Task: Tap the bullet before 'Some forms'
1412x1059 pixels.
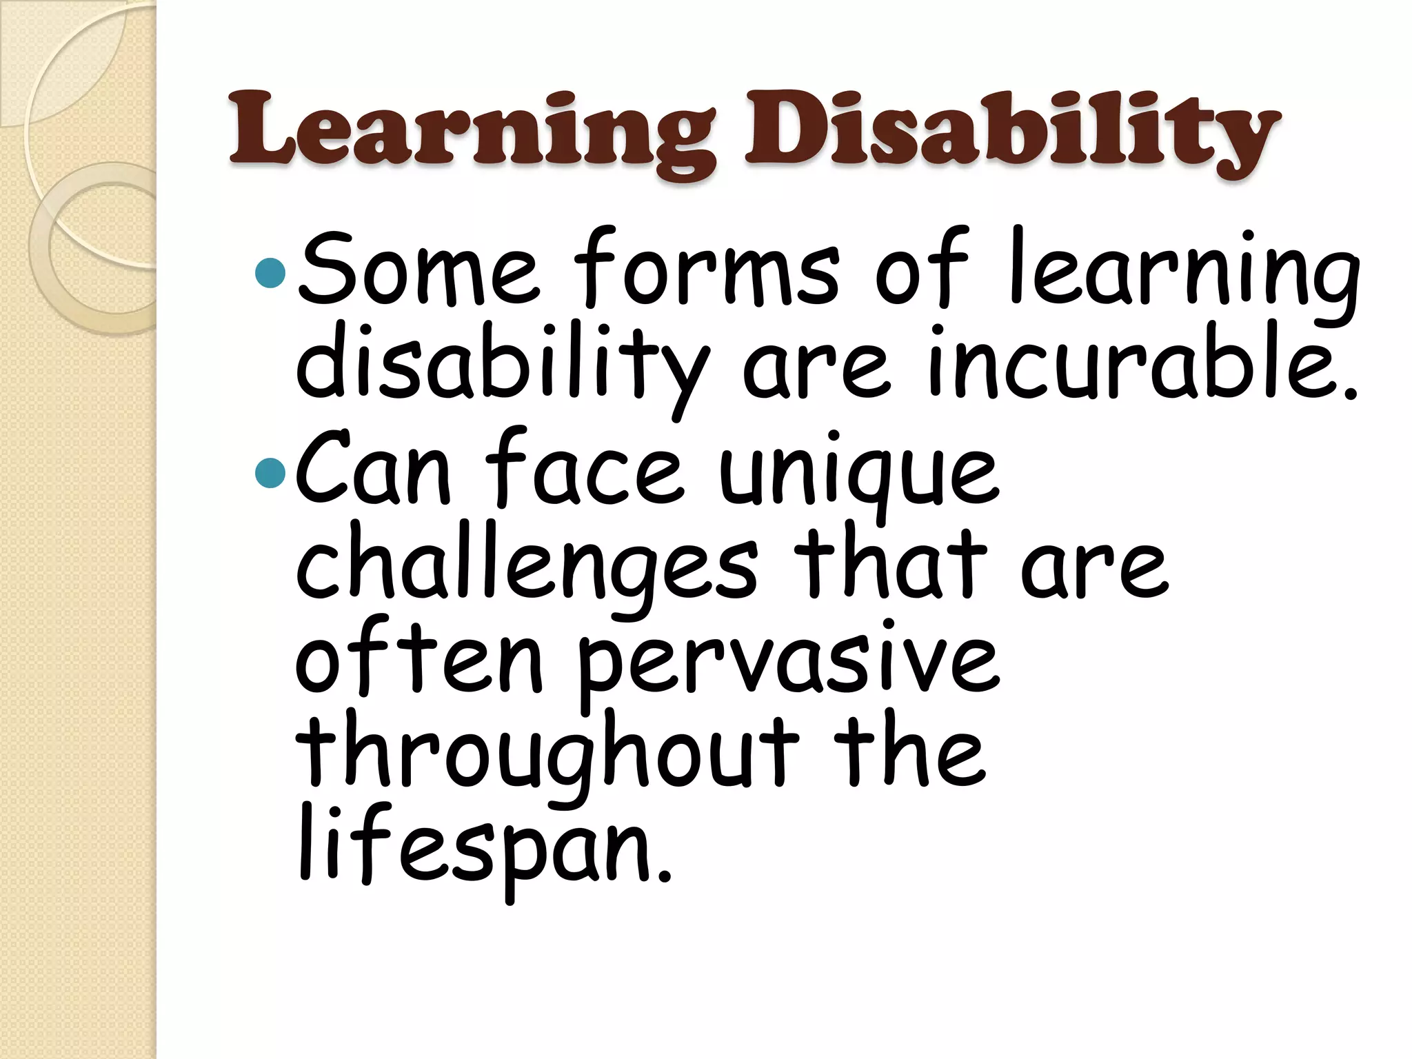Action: click(x=270, y=273)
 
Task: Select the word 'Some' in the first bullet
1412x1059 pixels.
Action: click(x=419, y=273)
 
